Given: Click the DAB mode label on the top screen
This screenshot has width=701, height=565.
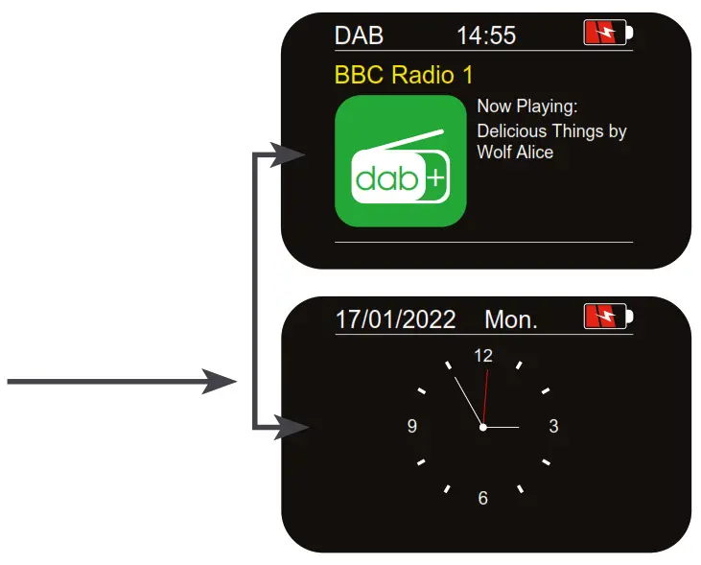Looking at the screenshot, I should click(359, 36).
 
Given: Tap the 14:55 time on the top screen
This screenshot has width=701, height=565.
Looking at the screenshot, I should click(486, 36).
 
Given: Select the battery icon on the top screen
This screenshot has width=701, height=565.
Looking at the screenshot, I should click(609, 35).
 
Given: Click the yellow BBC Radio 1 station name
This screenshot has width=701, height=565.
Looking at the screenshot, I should click(404, 74).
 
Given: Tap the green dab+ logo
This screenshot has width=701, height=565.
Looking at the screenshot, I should click(400, 160).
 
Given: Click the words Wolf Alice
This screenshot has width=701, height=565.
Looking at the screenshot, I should click(515, 152).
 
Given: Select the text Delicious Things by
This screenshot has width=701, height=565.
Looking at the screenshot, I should click(551, 130).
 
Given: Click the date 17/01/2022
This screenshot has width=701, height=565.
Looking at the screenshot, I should click(395, 319).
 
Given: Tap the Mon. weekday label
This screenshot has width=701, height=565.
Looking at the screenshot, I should click(511, 319).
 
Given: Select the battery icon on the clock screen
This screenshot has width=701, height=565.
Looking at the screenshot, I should click(609, 317).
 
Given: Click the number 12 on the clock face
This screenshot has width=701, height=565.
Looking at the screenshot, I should click(483, 356).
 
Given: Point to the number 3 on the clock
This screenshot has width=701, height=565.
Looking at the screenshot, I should click(553, 427).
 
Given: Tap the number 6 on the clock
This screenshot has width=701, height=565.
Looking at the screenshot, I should click(483, 498).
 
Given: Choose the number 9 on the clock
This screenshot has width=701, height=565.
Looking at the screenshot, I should click(412, 427).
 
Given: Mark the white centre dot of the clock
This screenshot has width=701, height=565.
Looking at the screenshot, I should click(483, 427).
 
